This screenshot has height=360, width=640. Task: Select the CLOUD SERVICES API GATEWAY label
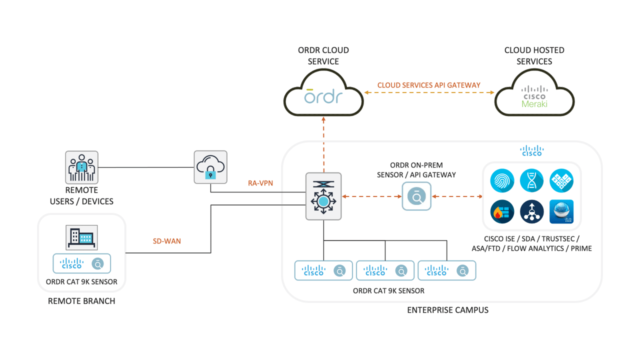point(428,85)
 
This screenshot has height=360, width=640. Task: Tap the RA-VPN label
point(260,183)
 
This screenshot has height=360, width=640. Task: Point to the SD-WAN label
point(167,241)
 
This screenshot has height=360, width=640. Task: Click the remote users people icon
point(81,167)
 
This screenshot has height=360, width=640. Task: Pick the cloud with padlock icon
point(210,167)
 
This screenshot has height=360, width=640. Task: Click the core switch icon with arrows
point(323,196)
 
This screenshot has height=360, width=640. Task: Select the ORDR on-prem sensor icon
point(416,196)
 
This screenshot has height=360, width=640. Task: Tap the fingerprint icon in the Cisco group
point(502,181)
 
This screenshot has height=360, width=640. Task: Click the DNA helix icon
point(531,181)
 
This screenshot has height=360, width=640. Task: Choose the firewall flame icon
point(502,211)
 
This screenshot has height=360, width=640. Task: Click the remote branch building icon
point(82,237)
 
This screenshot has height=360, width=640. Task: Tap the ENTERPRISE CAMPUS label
point(447,310)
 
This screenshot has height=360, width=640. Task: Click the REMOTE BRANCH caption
point(81,301)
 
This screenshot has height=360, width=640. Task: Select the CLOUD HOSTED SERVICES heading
point(534,55)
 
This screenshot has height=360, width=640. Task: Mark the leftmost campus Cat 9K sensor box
point(323,270)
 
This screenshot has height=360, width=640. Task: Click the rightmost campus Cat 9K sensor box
point(446,270)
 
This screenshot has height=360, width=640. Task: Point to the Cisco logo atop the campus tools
point(531,150)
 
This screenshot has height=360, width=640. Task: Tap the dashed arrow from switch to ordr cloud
point(323,145)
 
